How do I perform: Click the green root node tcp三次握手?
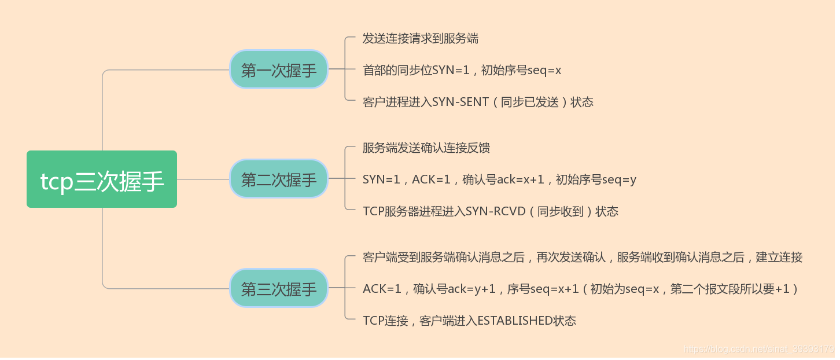tap(102, 179)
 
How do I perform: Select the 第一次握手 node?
tap(279, 70)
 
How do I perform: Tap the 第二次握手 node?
tap(279, 179)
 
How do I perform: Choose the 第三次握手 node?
tap(279, 288)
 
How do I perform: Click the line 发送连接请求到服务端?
tap(421, 39)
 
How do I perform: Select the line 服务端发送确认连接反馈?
tap(426, 148)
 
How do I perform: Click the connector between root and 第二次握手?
tap(203, 179)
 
